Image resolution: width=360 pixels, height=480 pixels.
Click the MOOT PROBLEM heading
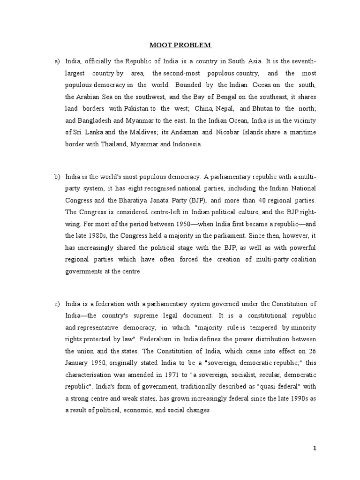pos(180,45)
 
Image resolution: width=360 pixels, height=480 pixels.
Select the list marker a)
pos(58,61)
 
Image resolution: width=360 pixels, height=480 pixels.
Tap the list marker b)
pos(58,176)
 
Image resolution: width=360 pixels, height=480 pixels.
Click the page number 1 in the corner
pos(315,448)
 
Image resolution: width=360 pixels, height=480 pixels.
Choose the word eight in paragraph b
pos(142,188)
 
